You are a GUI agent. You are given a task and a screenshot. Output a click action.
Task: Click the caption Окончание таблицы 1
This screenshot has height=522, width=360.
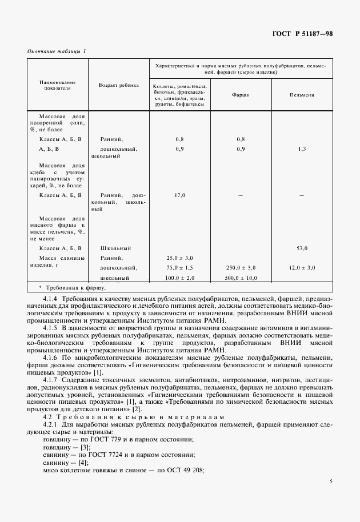click(x=57, y=51)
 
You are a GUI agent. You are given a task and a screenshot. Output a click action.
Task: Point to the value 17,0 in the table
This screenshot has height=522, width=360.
click(x=179, y=196)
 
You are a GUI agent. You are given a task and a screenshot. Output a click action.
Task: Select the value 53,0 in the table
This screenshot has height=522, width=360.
click(x=302, y=248)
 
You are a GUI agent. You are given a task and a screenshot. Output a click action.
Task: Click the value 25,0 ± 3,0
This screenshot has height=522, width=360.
click(x=179, y=258)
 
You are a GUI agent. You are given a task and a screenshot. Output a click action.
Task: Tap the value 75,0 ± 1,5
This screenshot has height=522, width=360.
click(x=179, y=268)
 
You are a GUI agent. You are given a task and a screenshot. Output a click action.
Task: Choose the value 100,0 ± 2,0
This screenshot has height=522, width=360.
click(x=179, y=278)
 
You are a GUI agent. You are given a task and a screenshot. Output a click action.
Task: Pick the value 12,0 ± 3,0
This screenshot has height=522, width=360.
click(x=302, y=268)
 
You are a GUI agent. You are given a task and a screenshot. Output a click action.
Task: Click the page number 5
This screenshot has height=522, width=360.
click(x=331, y=481)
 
